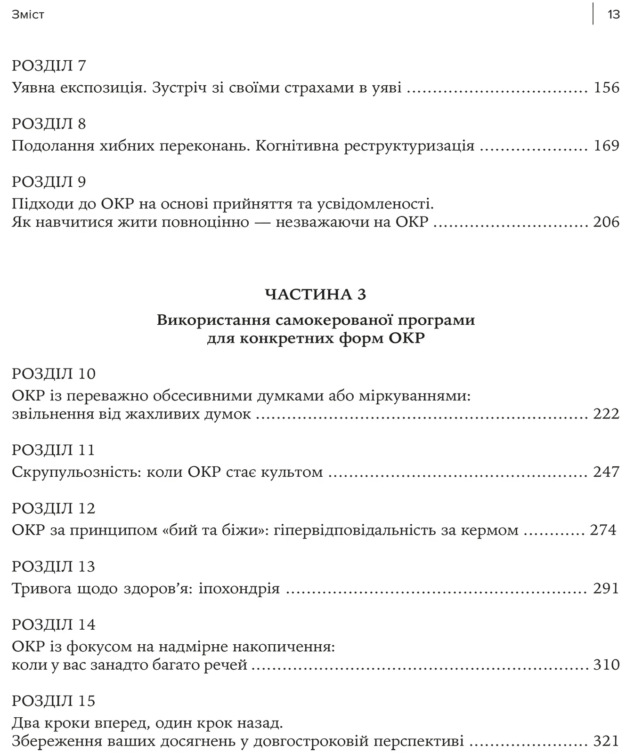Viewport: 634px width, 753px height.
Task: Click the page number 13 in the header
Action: (613, 15)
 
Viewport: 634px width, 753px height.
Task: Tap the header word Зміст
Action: (28, 15)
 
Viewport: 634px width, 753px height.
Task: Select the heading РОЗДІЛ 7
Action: (49, 65)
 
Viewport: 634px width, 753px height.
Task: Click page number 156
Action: (607, 88)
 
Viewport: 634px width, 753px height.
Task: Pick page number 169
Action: (607, 145)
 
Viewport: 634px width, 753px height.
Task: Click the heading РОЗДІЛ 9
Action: (49, 182)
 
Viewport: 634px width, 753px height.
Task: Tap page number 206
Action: (607, 222)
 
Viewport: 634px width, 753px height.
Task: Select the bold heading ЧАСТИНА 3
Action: (316, 294)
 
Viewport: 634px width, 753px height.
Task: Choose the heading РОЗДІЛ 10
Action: (54, 374)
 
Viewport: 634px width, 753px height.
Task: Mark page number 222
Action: (607, 414)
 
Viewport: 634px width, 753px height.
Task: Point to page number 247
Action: (607, 472)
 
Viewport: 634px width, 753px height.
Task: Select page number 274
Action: (603, 530)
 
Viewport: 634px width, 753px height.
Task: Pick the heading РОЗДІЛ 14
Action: (54, 625)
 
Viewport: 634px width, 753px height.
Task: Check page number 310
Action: (607, 665)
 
